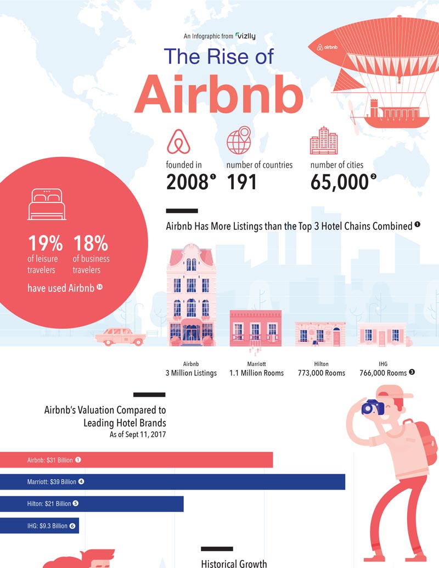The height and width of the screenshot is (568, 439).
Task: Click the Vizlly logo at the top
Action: [246, 36]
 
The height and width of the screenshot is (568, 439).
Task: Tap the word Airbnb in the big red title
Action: [219, 94]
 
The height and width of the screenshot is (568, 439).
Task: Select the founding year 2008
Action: [187, 182]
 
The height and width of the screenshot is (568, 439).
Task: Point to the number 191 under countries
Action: [241, 182]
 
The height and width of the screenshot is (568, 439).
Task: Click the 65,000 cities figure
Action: [339, 182]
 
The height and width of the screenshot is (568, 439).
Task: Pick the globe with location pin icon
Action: [239, 140]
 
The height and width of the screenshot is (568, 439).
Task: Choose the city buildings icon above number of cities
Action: [324, 140]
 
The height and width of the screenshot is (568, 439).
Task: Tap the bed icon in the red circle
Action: [47, 204]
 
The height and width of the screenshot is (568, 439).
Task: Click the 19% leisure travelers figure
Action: [46, 243]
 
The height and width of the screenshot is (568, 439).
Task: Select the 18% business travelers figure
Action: [91, 243]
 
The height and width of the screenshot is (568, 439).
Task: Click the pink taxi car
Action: [120, 336]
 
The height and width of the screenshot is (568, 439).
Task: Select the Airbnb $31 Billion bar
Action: [136, 460]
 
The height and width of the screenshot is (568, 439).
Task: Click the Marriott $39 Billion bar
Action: [172, 482]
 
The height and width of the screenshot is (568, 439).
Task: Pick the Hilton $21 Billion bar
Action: [92, 504]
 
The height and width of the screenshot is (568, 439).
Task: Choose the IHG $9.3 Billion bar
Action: [40, 526]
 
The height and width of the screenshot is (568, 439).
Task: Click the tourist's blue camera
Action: [373, 408]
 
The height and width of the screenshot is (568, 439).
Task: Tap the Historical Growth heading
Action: [234, 563]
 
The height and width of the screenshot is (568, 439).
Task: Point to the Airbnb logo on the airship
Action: [328, 47]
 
